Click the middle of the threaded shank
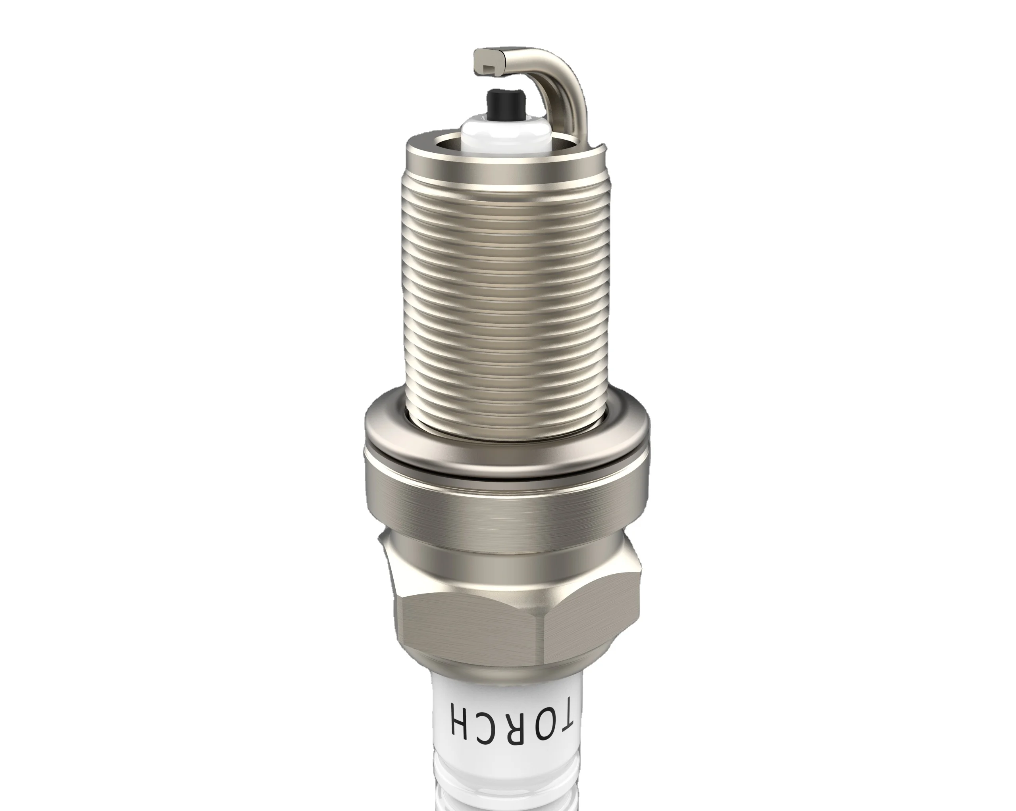pyautogui.click(x=506, y=292)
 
